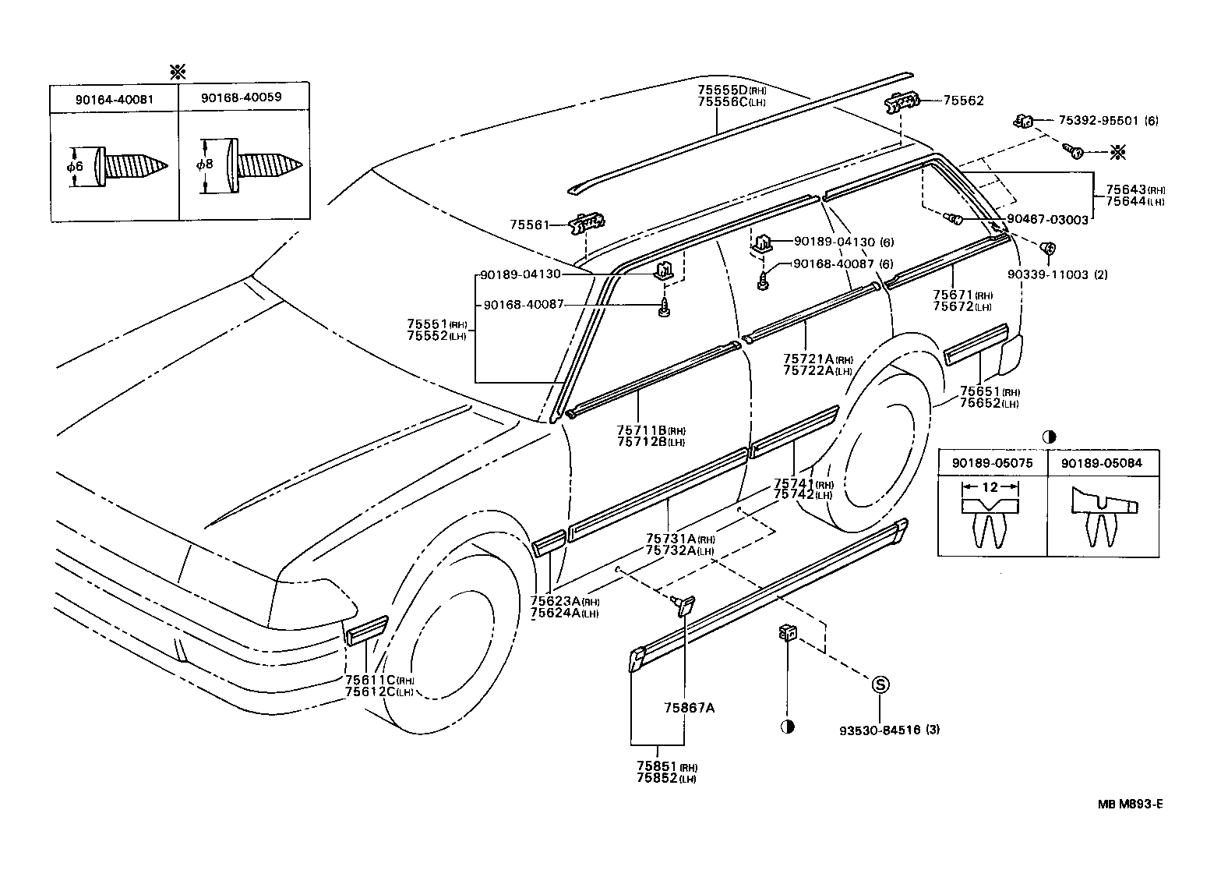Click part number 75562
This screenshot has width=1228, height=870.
pyautogui.click(x=963, y=101)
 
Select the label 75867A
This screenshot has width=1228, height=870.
pyautogui.click(x=689, y=708)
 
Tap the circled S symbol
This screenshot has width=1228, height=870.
pyautogui.click(x=879, y=685)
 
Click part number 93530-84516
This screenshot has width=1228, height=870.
pyautogui.click(x=880, y=730)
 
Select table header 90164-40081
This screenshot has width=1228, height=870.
pyautogui.click(x=115, y=98)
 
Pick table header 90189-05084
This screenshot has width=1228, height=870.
pyautogui.click(x=1101, y=462)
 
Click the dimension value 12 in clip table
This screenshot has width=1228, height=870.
pyautogui.click(x=990, y=487)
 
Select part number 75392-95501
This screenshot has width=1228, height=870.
pyautogui.click(x=1098, y=121)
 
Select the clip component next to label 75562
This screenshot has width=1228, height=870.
pyautogui.click(x=902, y=101)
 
